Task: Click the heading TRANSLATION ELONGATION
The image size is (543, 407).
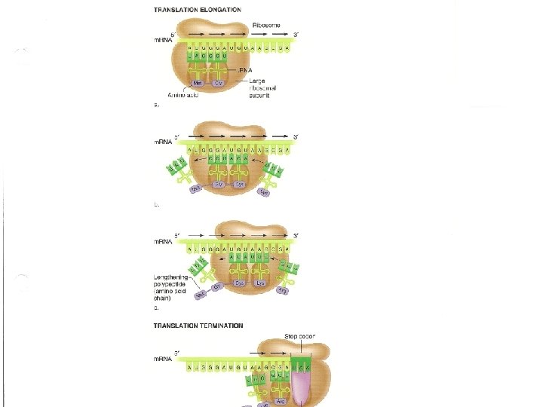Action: (198, 10)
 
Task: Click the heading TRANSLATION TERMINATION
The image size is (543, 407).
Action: (198, 326)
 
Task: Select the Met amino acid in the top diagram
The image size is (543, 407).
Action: (198, 83)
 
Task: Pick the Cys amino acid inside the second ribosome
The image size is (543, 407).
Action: (240, 184)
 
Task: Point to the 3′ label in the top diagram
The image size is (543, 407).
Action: (296, 35)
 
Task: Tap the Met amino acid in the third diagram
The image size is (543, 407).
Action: (201, 295)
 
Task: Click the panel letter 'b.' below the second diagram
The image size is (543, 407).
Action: (156, 203)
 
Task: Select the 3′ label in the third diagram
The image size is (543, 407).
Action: (296, 236)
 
